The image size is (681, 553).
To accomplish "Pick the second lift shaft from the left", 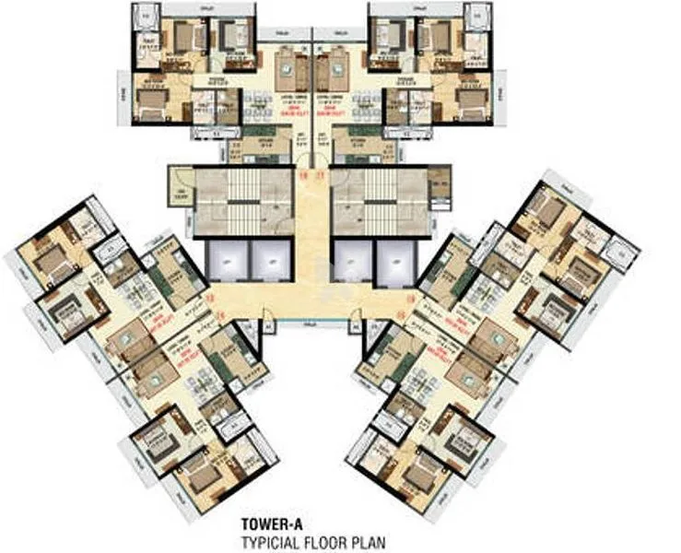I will coord(273,261).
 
